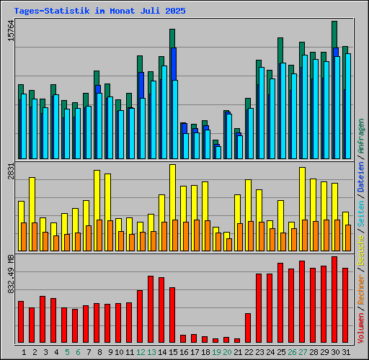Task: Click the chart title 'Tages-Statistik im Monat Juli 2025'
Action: pos(99,12)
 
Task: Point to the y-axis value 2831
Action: pos(10,173)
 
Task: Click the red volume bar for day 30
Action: pos(334,299)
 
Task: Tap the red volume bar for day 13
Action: pos(151,309)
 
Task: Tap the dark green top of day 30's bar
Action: pos(334,33)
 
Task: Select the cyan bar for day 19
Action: pos(218,152)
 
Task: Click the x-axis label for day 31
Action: pos(346,351)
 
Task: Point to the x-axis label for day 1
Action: pos(24,351)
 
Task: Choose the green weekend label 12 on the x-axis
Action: pos(141,351)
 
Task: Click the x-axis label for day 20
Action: pos(227,351)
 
